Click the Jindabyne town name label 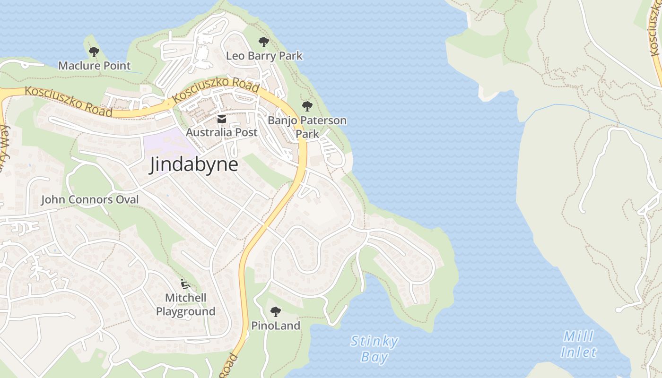[x=193, y=165]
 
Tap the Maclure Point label [x=94, y=66]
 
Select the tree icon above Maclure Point [x=94, y=52]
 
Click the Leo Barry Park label [x=264, y=56]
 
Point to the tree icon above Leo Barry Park [x=264, y=42]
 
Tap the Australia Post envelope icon [x=221, y=119]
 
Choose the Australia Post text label [x=221, y=132]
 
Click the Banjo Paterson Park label [x=307, y=127]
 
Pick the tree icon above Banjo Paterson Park [x=307, y=106]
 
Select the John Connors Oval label [x=90, y=200]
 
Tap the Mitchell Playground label [x=185, y=305]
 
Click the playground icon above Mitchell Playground [x=185, y=284]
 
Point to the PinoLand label [x=276, y=326]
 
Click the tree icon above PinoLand [x=276, y=312]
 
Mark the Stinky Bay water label [x=375, y=349]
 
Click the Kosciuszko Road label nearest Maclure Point [x=69, y=101]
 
